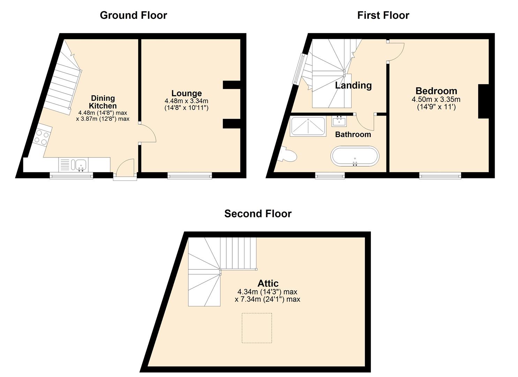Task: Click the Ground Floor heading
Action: point(133,15)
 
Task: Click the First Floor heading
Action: point(383,15)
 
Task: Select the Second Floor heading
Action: point(258,214)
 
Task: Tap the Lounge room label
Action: point(187,93)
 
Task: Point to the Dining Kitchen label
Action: point(103,102)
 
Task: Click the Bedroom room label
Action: point(436,91)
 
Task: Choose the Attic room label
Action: point(268,283)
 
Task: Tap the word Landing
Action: point(353,85)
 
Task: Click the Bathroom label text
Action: point(353,134)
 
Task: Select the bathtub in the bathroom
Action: point(355,156)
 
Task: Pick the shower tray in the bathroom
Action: point(308,126)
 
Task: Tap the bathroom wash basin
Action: point(339,121)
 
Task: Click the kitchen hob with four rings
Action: point(42,138)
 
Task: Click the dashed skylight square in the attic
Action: point(257,328)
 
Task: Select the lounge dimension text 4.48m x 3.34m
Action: point(187,101)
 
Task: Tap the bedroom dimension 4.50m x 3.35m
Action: point(436,99)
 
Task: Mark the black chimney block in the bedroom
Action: point(483,101)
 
